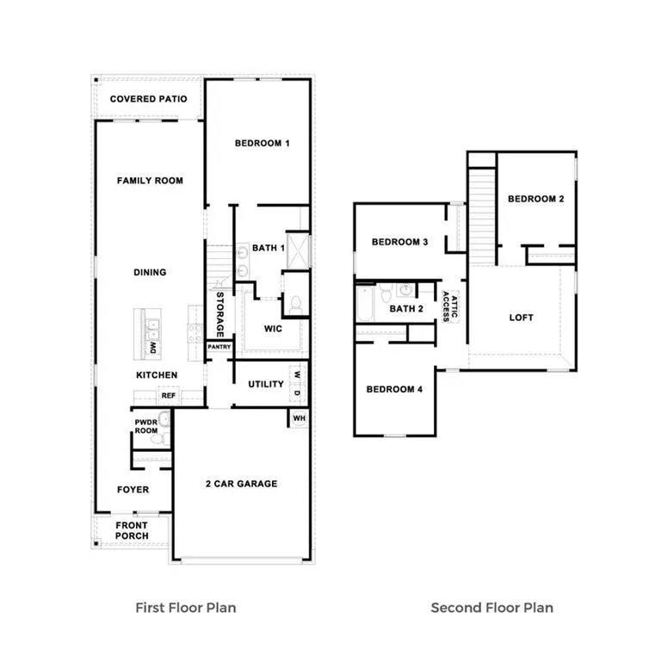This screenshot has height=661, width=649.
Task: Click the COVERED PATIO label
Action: coord(148,99)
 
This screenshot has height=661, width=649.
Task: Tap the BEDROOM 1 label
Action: coord(262,143)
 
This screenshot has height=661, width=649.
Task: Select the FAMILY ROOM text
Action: coord(150,181)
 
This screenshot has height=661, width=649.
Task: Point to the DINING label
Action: coord(150,272)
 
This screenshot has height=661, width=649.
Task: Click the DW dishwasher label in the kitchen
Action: coord(153,348)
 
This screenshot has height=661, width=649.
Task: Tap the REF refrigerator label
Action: coord(169,396)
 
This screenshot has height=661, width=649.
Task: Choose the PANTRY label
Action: coord(219,347)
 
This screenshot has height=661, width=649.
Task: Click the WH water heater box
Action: coord(299,418)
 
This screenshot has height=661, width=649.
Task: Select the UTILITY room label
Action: coord(266,384)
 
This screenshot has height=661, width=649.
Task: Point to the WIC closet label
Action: coord(272,328)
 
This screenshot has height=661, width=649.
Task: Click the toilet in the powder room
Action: coord(157,438)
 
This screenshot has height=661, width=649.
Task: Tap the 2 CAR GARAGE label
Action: coord(241,484)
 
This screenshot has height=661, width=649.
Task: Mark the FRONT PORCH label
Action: coord(132,530)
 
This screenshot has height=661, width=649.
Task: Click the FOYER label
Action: coord(133,490)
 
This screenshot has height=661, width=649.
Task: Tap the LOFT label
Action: coord(521,318)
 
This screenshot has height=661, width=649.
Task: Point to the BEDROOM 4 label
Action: coord(394,389)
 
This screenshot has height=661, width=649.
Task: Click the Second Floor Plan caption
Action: coord(491,608)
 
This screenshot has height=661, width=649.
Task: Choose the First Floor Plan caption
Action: coord(185,608)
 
